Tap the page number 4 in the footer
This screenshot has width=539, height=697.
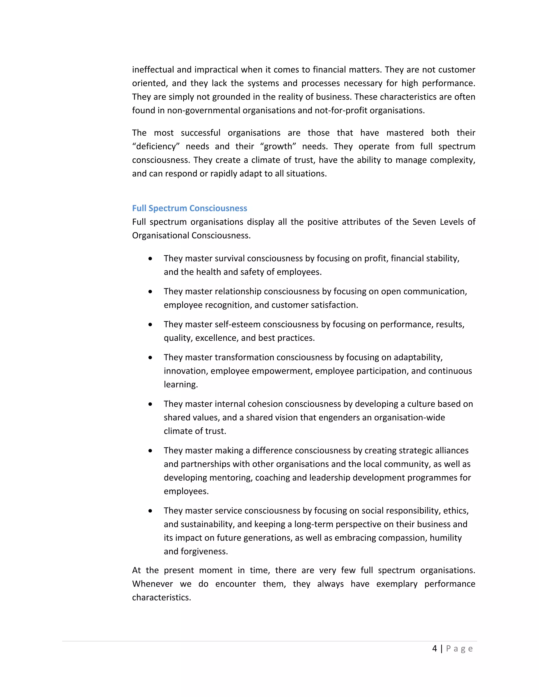point(434,649)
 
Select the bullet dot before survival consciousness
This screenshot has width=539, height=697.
point(150,259)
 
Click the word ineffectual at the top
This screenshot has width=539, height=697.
point(153,70)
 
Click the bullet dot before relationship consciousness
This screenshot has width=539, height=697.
point(150,291)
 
